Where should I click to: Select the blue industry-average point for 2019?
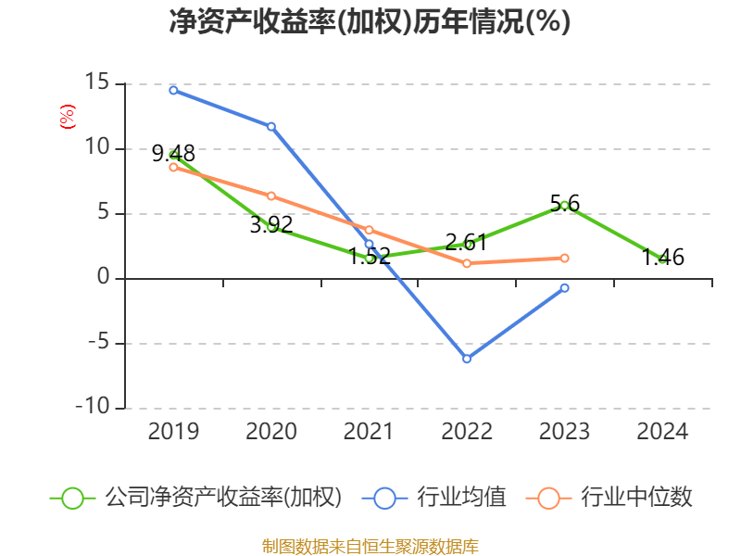(173, 90)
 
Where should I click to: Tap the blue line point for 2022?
(467, 359)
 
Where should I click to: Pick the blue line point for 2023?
(565, 287)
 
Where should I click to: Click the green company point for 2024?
(662, 259)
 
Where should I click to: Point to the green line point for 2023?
(565, 205)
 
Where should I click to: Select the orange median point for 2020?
(271, 196)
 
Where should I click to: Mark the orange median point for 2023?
(565, 258)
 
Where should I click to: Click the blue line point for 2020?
(271, 126)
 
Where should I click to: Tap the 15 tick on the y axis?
(98, 83)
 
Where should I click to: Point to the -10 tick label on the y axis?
(92, 408)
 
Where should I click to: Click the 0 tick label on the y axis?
(104, 278)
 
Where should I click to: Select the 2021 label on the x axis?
(369, 432)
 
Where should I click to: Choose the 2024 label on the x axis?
(662, 432)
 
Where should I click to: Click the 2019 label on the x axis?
(173, 432)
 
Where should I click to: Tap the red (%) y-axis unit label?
(67, 118)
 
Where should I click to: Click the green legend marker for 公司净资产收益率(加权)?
(72, 498)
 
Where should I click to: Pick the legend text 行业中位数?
(636, 498)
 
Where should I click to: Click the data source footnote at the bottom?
(370, 546)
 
